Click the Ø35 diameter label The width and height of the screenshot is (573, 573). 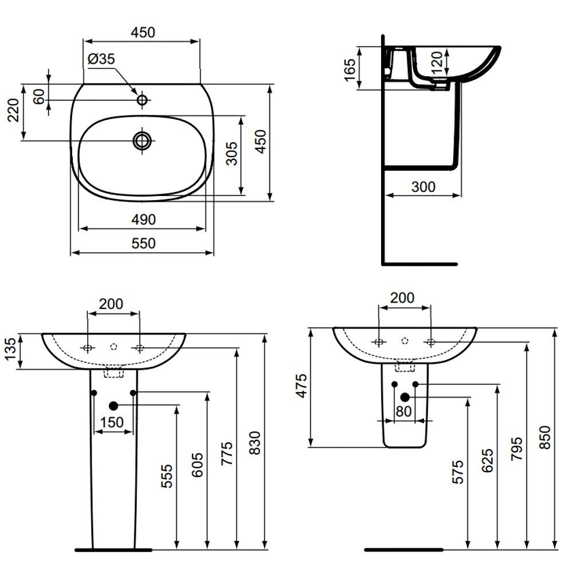(x=101, y=59)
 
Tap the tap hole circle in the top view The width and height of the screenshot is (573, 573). (x=142, y=99)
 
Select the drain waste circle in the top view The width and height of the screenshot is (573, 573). (x=142, y=140)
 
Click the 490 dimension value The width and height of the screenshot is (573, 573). (x=143, y=219)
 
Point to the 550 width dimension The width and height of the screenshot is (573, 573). (x=143, y=243)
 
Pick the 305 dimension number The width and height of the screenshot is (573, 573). (x=231, y=154)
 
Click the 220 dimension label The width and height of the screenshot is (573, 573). (x=14, y=110)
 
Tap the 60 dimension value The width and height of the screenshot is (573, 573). (x=39, y=96)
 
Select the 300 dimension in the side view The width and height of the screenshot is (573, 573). (x=423, y=187)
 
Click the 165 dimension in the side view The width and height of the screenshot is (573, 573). (x=350, y=70)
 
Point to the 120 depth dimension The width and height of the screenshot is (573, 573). (x=437, y=62)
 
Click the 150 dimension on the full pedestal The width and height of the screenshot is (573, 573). (x=112, y=422)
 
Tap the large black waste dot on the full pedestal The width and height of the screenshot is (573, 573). (x=113, y=405)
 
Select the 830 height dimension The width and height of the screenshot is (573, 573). (x=255, y=443)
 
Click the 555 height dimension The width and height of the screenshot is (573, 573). (x=167, y=476)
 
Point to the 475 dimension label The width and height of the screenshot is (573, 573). (x=302, y=386)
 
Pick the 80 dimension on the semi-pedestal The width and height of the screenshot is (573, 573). (x=403, y=411)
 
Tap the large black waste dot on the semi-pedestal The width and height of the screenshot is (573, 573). (x=405, y=397)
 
